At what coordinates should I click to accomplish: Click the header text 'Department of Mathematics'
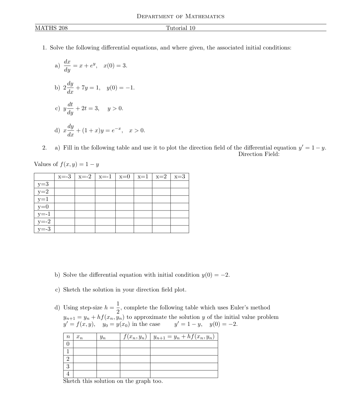[180, 16]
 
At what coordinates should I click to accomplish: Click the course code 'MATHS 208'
[51, 28]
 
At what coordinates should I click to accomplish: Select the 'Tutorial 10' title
[181, 28]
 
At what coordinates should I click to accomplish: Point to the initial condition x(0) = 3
[115, 66]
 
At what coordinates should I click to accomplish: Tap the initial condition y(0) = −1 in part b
[121, 88]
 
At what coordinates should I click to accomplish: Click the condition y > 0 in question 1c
[115, 109]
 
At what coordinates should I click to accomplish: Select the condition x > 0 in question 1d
[137, 131]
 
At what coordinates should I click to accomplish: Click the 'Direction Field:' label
[259, 154]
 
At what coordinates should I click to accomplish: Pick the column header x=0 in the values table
[124, 177]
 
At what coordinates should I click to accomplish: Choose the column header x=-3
[64, 177]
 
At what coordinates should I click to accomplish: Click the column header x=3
[179, 177]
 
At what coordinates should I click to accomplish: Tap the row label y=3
[43, 184]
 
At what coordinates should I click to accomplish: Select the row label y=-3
[44, 229]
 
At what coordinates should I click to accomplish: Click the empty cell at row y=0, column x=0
[124, 207]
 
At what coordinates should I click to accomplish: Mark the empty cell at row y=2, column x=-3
[64, 192]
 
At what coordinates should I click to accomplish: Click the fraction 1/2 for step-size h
[118, 307]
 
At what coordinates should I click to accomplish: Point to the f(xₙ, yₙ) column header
[135, 337]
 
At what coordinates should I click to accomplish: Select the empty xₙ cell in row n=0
[85, 344]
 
